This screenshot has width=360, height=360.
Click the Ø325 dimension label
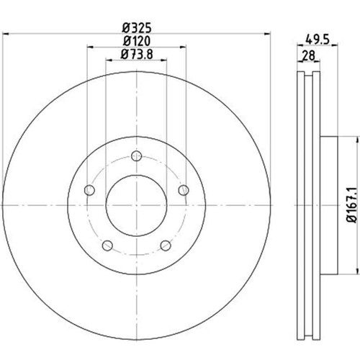[137, 28]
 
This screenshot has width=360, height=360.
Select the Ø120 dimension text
[137, 41]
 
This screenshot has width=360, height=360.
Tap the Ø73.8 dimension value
[137, 54]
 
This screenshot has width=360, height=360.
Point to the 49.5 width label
[318, 39]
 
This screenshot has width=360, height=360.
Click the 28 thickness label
[308, 55]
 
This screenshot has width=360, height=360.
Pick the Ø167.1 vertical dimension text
[351, 205]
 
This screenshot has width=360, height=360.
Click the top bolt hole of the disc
[137, 156]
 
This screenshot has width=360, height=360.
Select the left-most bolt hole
[89, 190]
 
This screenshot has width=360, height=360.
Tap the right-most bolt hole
[184, 190]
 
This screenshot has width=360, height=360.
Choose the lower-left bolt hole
[107, 246]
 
